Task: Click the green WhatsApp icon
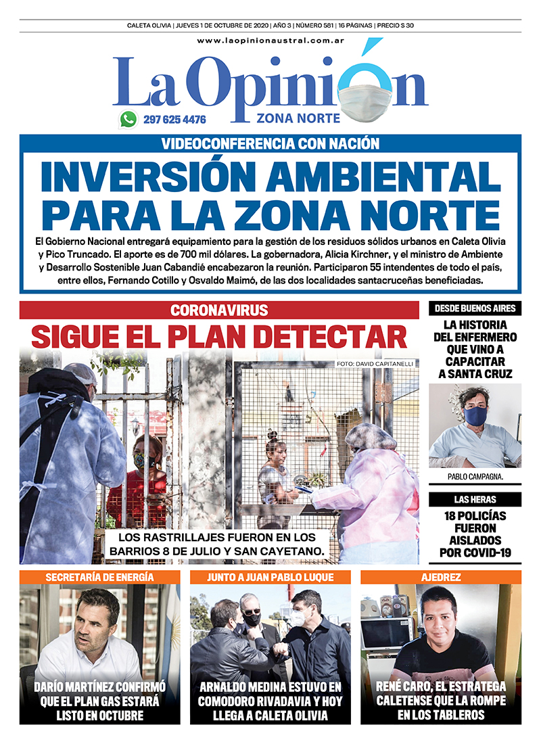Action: pyautogui.click(x=128, y=120)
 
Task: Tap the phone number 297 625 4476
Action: pyautogui.click(x=174, y=120)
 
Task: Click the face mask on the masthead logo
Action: pyautogui.click(x=364, y=99)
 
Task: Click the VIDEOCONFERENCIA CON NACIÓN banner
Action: pyautogui.click(x=270, y=143)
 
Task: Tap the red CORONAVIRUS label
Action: pyautogui.click(x=219, y=310)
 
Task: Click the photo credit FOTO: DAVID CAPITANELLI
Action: pyautogui.click(x=374, y=365)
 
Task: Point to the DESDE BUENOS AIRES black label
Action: pyautogui.click(x=475, y=308)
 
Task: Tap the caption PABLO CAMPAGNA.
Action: pyautogui.click(x=475, y=477)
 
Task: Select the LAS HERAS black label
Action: pyautogui.click(x=475, y=500)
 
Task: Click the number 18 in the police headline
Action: pyautogui.click(x=446, y=515)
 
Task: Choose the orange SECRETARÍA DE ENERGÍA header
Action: pyautogui.click(x=99, y=577)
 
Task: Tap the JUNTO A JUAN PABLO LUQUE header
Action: pyautogui.click(x=270, y=577)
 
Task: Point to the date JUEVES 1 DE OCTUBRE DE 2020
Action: pyautogui.click(x=221, y=26)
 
